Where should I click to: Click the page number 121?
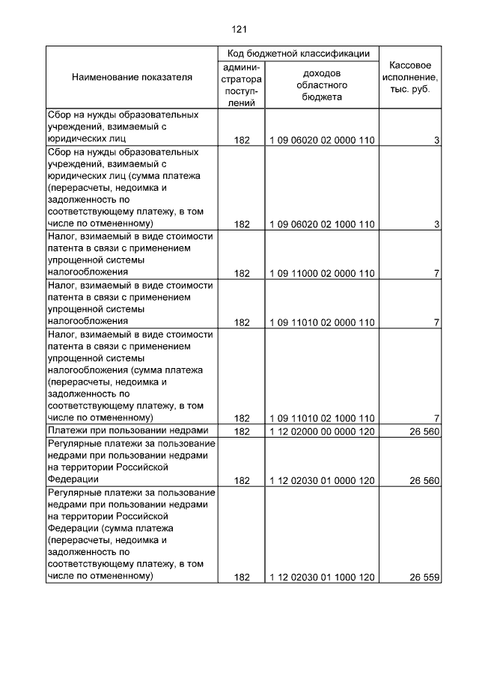pos(239,29)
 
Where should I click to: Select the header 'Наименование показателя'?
pos(132,77)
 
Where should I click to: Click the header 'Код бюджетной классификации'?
pos(299,54)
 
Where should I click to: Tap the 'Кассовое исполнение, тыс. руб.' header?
pos(410,77)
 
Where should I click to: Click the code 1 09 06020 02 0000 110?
pos(322,141)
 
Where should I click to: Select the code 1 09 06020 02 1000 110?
pos(322,224)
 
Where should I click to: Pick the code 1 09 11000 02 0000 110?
pos(322,274)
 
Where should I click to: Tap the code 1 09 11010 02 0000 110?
pos(322,323)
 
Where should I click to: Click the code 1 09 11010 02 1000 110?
pos(322,418)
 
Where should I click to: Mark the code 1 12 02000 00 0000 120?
pos(322,432)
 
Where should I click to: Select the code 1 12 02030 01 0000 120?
pos(322,481)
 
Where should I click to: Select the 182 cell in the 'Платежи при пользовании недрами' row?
pos(242,432)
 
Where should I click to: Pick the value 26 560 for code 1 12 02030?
pos(424,481)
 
